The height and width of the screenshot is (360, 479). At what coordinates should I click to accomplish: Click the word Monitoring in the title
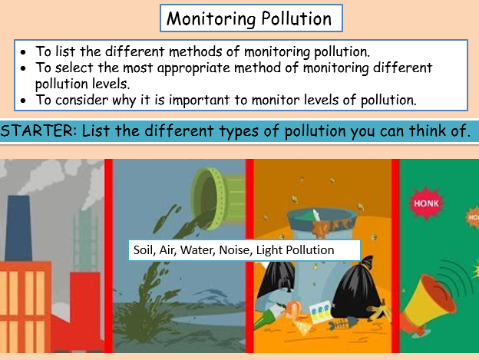tap(211, 19)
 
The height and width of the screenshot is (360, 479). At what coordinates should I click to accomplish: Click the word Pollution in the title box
tap(296, 18)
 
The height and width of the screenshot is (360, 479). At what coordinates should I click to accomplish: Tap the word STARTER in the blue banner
tap(38, 130)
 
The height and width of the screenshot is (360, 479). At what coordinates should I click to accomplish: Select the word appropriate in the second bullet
tap(193, 68)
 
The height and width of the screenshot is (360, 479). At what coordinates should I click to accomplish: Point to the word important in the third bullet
tap(199, 101)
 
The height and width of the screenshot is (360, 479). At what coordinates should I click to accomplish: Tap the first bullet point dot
tap(23, 52)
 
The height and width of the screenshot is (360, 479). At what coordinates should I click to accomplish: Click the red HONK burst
tap(426, 203)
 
